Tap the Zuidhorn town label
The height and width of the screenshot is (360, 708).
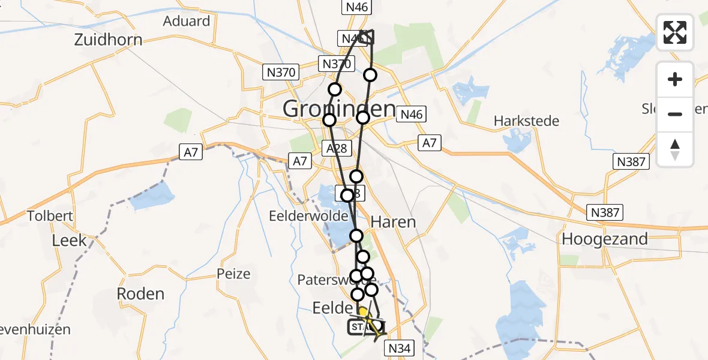click(109, 40)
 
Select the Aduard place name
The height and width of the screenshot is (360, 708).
click(187, 22)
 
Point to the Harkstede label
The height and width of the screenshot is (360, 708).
click(526, 121)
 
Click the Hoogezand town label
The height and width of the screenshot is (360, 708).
click(605, 239)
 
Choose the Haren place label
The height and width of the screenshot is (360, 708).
click(393, 222)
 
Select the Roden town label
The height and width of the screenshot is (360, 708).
click(140, 294)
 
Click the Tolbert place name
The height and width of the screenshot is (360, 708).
click(50, 216)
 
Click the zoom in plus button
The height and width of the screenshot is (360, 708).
click(675, 80)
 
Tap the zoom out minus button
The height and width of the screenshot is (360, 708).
click(675, 114)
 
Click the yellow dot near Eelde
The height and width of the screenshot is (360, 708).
click(363, 312)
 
